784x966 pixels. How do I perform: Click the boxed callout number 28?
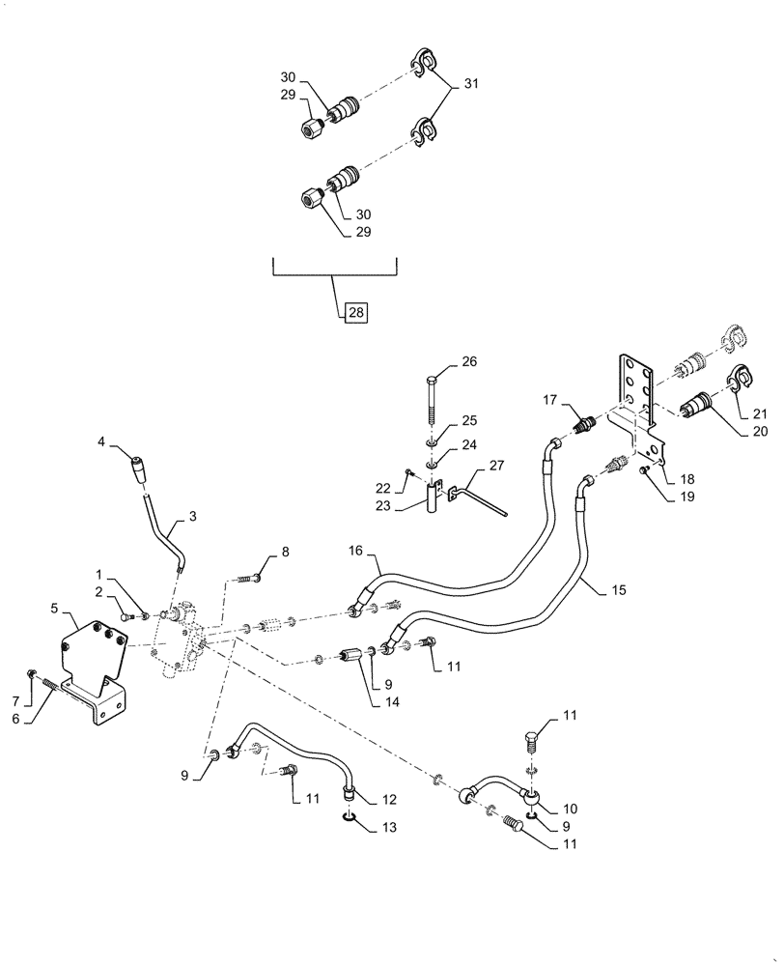pos(355,312)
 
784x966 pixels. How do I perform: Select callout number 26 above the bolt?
pos(469,362)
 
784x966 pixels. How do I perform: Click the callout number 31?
pos(472,85)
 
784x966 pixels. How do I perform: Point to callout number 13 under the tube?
pos(362,828)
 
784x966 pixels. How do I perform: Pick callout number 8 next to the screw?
pos(284,552)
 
